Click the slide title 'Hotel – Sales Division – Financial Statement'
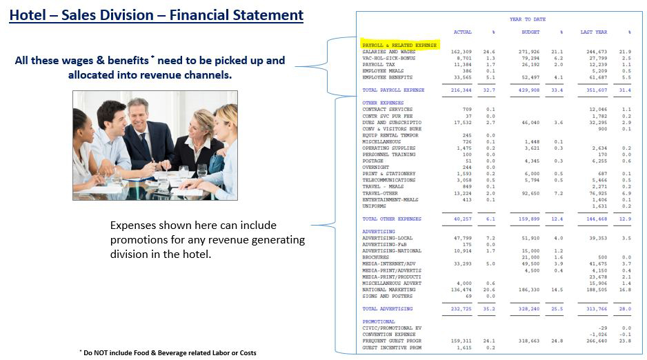click(x=156, y=14)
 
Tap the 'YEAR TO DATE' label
click(x=526, y=19)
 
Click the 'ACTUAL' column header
click(x=462, y=32)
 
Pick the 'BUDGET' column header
click(x=530, y=32)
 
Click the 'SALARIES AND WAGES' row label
click(x=389, y=52)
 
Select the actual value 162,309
click(x=461, y=52)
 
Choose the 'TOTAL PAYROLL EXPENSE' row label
click(x=393, y=90)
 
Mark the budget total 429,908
click(x=529, y=90)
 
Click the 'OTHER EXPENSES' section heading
click(x=379, y=103)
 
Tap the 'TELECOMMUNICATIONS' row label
click(x=389, y=180)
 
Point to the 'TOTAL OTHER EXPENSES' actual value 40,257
click(x=461, y=219)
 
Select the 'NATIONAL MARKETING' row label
click(x=389, y=290)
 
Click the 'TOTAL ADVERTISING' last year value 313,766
click(x=595, y=308)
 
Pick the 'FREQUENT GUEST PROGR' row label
click(x=392, y=341)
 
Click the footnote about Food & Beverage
click(x=168, y=352)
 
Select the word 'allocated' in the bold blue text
click(x=93, y=74)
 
